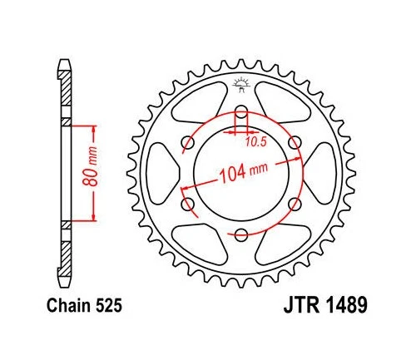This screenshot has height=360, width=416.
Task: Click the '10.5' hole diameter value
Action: (255, 141)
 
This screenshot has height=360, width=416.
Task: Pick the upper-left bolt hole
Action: (187, 143)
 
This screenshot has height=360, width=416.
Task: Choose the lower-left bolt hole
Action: (187, 205)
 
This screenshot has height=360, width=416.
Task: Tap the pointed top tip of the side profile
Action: (64, 61)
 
